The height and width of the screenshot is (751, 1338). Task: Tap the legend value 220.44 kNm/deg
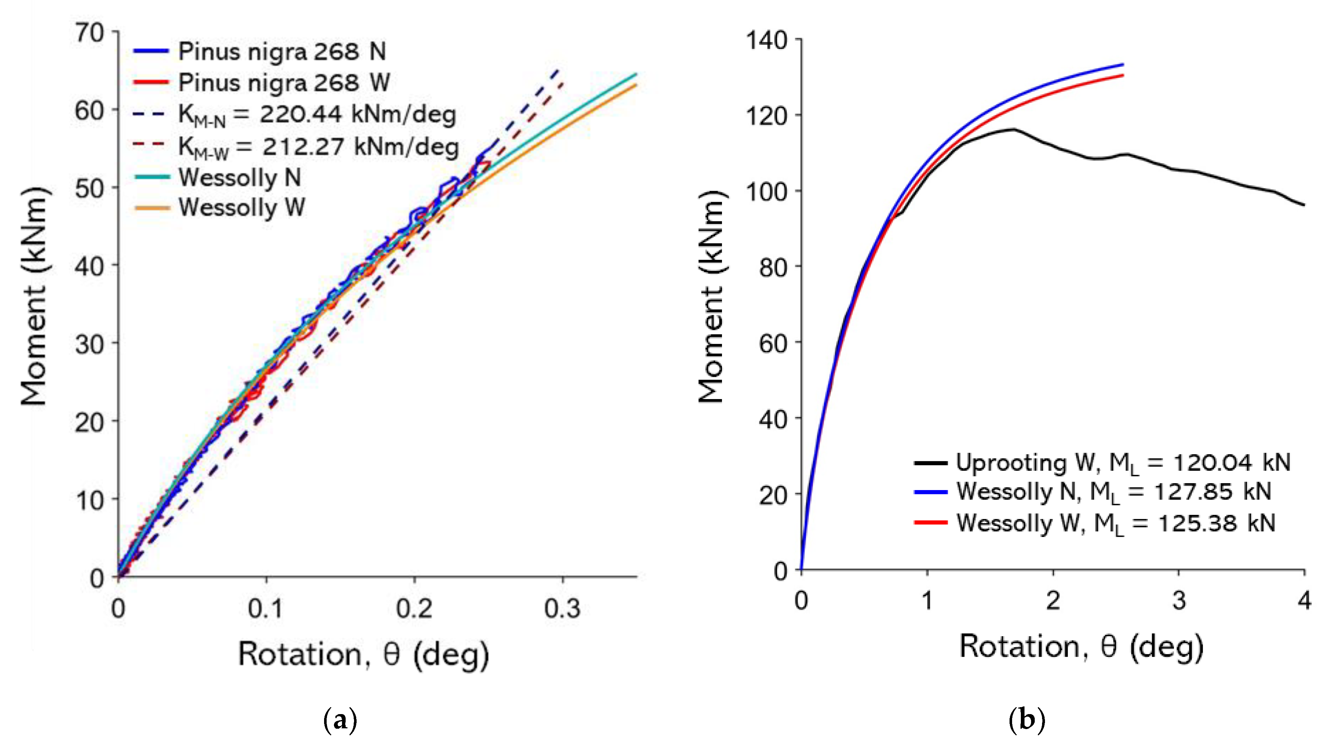(x=357, y=115)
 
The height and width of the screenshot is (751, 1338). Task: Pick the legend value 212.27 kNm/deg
(x=360, y=147)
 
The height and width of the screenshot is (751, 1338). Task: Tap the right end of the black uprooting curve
(x=1304, y=205)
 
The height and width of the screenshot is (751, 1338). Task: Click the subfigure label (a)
(x=340, y=720)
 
